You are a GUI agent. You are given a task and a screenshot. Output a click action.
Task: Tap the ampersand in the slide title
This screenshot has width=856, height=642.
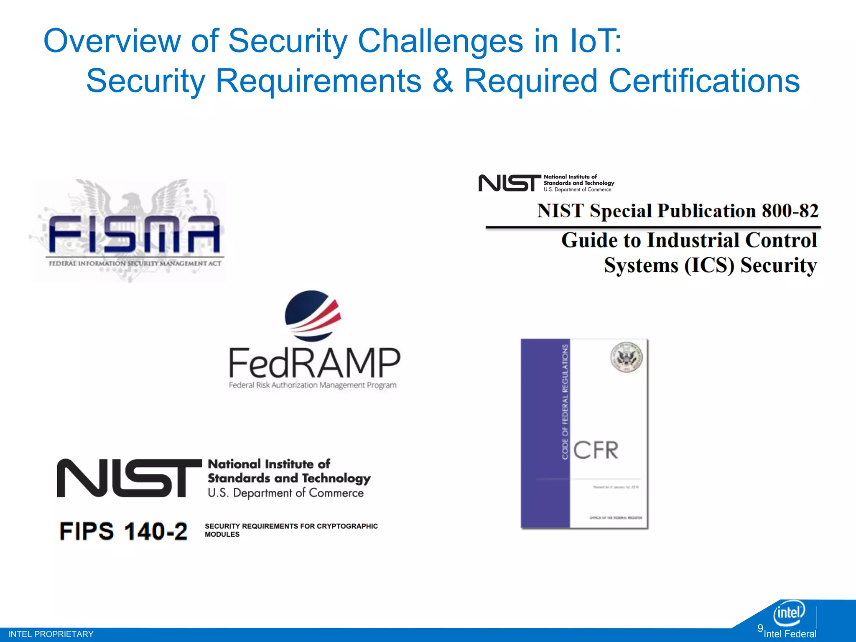pyautogui.click(x=442, y=81)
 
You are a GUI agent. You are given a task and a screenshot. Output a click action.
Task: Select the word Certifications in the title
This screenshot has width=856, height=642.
pyautogui.click(x=704, y=81)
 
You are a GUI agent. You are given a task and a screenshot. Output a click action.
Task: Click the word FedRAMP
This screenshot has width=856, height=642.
pyautogui.click(x=314, y=363)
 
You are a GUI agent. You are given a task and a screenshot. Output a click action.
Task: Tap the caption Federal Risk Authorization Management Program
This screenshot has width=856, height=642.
pyautogui.click(x=313, y=385)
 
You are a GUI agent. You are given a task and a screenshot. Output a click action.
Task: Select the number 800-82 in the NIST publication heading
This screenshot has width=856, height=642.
pyautogui.click(x=790, y=211)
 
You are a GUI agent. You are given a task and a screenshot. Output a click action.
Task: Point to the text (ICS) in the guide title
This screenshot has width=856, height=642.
pyautogui.click(x=709, y=265)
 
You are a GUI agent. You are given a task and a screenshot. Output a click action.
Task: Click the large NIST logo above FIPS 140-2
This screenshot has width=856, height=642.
pyautogui.click(x=129, y=478)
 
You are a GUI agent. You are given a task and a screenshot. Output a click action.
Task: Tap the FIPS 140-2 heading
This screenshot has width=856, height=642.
pyautogui.click(x=123, y=531)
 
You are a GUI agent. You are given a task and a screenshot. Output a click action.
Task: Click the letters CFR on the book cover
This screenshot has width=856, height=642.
pyautogui.click(x=595, y=450)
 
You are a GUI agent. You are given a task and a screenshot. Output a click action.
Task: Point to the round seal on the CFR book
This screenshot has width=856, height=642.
pyautogui.click(x=626, y=357)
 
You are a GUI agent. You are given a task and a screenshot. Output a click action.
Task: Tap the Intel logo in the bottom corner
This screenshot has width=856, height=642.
pyautogui.click(x=789, y=613)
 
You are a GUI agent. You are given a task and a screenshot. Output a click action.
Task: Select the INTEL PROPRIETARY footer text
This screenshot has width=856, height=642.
pyautogui.click(x=51, y=634)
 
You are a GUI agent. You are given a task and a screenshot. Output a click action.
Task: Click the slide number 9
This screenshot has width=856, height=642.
pyautogui.click(x=760, y=628)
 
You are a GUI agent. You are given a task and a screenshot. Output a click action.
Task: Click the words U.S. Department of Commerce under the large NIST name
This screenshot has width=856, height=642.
pyautogui.click(x=286, y=493)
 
